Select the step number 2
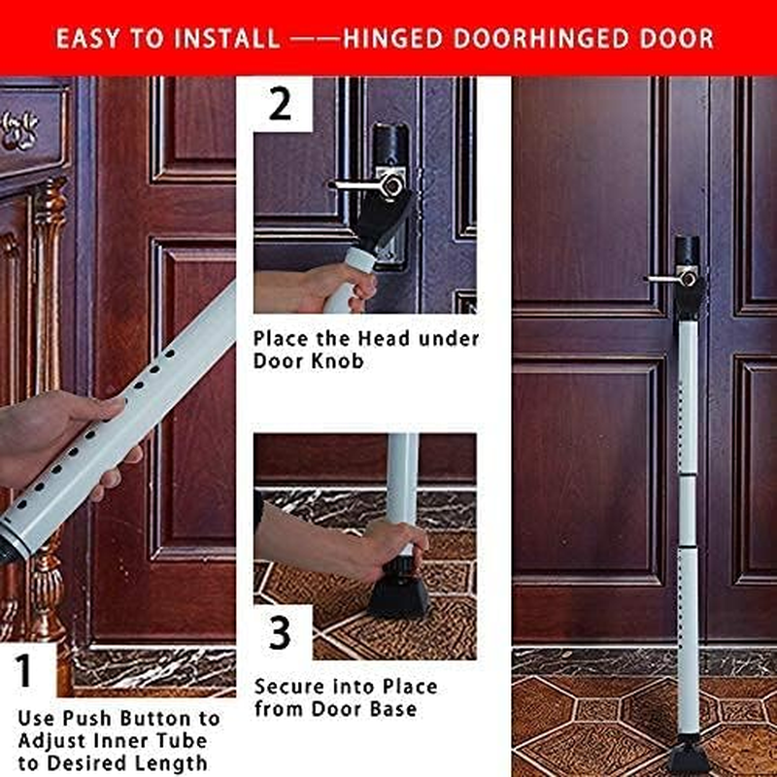click(280, 104)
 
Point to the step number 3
click(281, 633)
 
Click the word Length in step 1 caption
click(179, 762)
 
